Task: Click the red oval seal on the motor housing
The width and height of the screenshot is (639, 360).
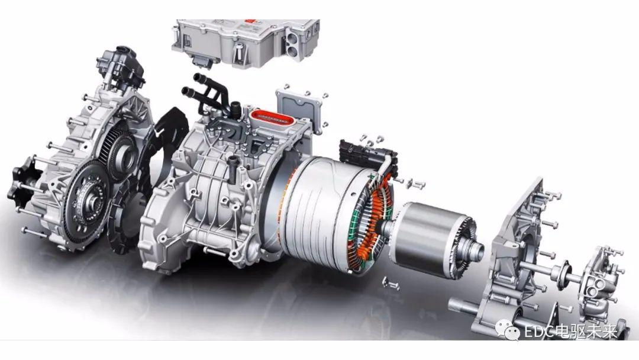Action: click(272, 118)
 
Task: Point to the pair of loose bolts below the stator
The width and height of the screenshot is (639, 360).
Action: click(390, 284)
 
